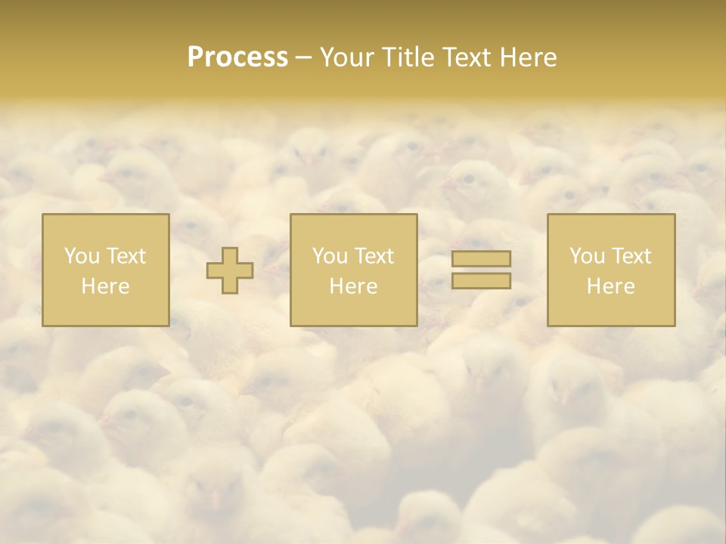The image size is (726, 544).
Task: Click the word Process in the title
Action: click(237, 57)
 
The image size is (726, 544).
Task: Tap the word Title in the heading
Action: click(409, 57)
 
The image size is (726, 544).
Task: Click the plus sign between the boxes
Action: click(230, 270)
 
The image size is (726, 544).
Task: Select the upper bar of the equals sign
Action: click(481, 258)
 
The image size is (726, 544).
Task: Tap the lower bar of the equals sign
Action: click(481, 281)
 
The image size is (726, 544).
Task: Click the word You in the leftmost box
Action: click(82, 256)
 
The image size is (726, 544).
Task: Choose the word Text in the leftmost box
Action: click(126, 256)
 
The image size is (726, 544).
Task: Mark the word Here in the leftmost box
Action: click(105, 286)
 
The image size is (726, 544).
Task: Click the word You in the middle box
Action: click(330, 256)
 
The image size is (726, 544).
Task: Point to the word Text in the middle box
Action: click(374, 256)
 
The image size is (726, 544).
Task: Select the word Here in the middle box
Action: click(353, 286)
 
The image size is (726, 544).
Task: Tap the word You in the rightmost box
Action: click(587, 256)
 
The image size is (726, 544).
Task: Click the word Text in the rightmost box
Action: click(631, 256)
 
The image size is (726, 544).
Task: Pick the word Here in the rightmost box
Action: click(610, 286)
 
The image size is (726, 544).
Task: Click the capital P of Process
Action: click(195, 57)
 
